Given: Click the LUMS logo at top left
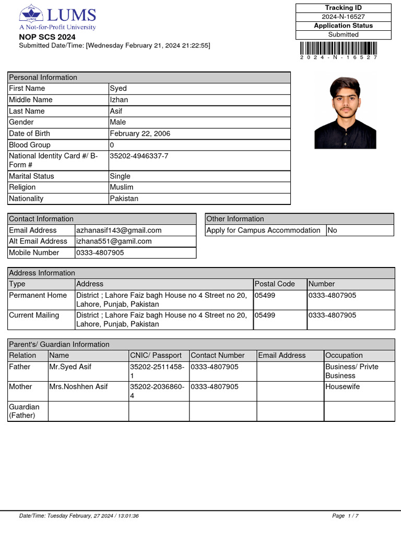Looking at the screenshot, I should [57, 18].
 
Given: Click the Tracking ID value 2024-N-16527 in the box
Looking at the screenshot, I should [343, 17].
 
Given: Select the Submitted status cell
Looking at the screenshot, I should [343, 34].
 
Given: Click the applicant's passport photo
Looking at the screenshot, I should [345, 113].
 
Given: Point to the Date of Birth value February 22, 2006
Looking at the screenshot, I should [140, 133].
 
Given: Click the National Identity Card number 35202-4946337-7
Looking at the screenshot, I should [139, 156].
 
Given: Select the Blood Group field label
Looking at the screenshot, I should [30, 145].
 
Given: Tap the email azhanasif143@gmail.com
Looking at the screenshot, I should [119, 230].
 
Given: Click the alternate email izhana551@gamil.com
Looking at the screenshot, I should [114, 241].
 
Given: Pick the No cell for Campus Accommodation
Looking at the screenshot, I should [332, 230].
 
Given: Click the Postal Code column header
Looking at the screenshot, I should [275, 284].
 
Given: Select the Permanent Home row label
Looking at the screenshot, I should [38, 295].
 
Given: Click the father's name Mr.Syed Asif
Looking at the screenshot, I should [70, 367].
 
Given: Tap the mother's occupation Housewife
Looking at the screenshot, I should [343, 386].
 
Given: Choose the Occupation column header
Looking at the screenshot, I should [344, 355].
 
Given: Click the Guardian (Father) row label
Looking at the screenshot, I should [24, 411].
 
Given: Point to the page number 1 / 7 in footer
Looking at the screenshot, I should [345, 516].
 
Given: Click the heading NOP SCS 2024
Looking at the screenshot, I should [47, 37].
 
